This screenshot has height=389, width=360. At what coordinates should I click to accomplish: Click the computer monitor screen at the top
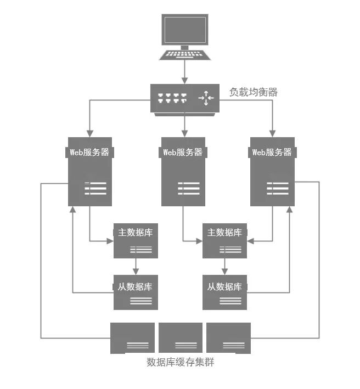coord(185,30)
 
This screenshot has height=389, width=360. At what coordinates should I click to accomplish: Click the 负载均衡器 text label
coord(254,92)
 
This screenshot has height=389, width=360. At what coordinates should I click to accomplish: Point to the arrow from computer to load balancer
coord(185,71)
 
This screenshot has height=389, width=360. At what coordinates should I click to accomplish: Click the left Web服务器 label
coord(90,153)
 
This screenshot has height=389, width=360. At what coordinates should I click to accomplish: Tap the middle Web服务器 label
coord(183,153)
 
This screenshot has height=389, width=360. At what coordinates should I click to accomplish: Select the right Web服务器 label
coord(272,153)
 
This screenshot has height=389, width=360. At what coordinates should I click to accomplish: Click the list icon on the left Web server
coord(95,188)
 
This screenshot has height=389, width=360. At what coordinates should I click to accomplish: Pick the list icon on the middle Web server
coord(188,188)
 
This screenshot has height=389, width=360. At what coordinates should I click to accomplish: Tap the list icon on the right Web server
coord(277,188)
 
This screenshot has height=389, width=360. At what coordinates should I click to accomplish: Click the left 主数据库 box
coord(136,241)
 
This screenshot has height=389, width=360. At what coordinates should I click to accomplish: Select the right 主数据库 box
coord(224,241)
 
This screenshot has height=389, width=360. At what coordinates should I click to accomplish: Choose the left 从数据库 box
coord(136,291)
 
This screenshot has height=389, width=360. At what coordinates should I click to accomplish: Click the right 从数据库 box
coord(224,291)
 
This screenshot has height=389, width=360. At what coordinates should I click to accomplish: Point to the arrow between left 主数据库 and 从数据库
coord(136,267)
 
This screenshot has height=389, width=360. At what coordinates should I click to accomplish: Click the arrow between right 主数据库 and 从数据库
coord(224,267)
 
